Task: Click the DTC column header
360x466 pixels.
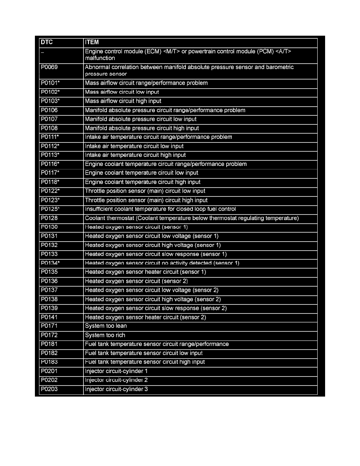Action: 47,42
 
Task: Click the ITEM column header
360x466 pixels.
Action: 92,42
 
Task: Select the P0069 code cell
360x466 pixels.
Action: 49,67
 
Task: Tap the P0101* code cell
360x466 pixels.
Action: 50,83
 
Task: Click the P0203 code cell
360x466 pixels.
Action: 49,390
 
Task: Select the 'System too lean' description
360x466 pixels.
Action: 106,326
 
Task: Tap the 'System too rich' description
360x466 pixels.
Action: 105,335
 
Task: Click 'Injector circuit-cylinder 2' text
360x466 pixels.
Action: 116,380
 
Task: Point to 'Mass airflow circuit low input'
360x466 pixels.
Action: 122,92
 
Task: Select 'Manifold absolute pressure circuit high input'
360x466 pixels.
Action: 142,128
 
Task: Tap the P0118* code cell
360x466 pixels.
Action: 50,182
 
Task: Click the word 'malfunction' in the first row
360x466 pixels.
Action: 100,58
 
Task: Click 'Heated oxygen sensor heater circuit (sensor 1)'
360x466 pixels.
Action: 145,272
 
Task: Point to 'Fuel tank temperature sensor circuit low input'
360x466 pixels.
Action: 144,353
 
